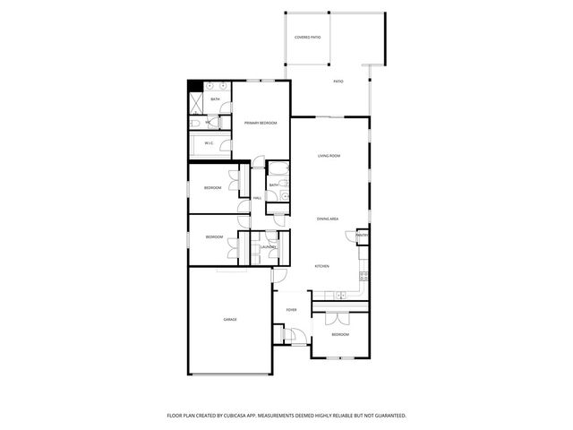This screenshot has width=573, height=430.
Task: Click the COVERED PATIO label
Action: point(307,37)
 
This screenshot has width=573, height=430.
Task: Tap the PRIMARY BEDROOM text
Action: point(261,122)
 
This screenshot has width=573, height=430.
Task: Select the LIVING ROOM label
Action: point(329,156)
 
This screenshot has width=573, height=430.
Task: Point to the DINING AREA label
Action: point(327,219)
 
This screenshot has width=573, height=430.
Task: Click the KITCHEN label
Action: point(321,266)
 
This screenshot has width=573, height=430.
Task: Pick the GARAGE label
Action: point(230,319)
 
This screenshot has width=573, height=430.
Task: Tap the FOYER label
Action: point(291,310)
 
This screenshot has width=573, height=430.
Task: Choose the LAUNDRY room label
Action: point(268,246)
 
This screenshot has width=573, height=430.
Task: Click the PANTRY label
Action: point(362,236)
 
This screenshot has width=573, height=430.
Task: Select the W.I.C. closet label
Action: point(209,142)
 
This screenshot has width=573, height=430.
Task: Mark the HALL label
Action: point(257,198)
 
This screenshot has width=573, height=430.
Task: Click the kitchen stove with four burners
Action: point(363,274)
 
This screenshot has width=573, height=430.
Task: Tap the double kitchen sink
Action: point(340,297)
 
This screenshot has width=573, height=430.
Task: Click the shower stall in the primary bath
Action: point(196,101)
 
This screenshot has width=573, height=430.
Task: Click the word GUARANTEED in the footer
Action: point(387,416)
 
